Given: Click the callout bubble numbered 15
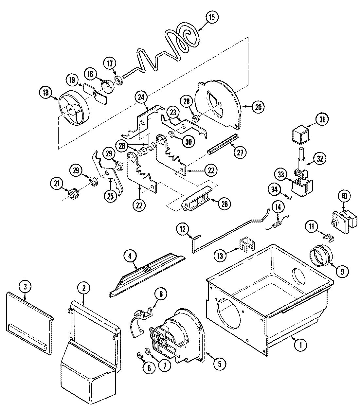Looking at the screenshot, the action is click(212, 17).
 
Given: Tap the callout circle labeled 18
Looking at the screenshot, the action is click(46, 93).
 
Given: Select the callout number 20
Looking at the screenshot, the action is click(258, 107).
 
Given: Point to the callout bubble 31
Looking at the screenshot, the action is click(322, 119).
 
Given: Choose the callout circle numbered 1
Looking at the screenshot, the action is click(301, 345).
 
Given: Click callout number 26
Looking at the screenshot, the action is click(225, 204).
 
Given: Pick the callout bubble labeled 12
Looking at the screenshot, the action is click(183, 229).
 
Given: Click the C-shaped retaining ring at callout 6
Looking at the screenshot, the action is click(139, 355).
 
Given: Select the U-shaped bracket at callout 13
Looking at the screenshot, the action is click(247, 245).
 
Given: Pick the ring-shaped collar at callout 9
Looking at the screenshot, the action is click(321, 256).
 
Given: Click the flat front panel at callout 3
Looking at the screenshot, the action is click(29, 323).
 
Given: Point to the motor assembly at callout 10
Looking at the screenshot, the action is click(344, 222).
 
